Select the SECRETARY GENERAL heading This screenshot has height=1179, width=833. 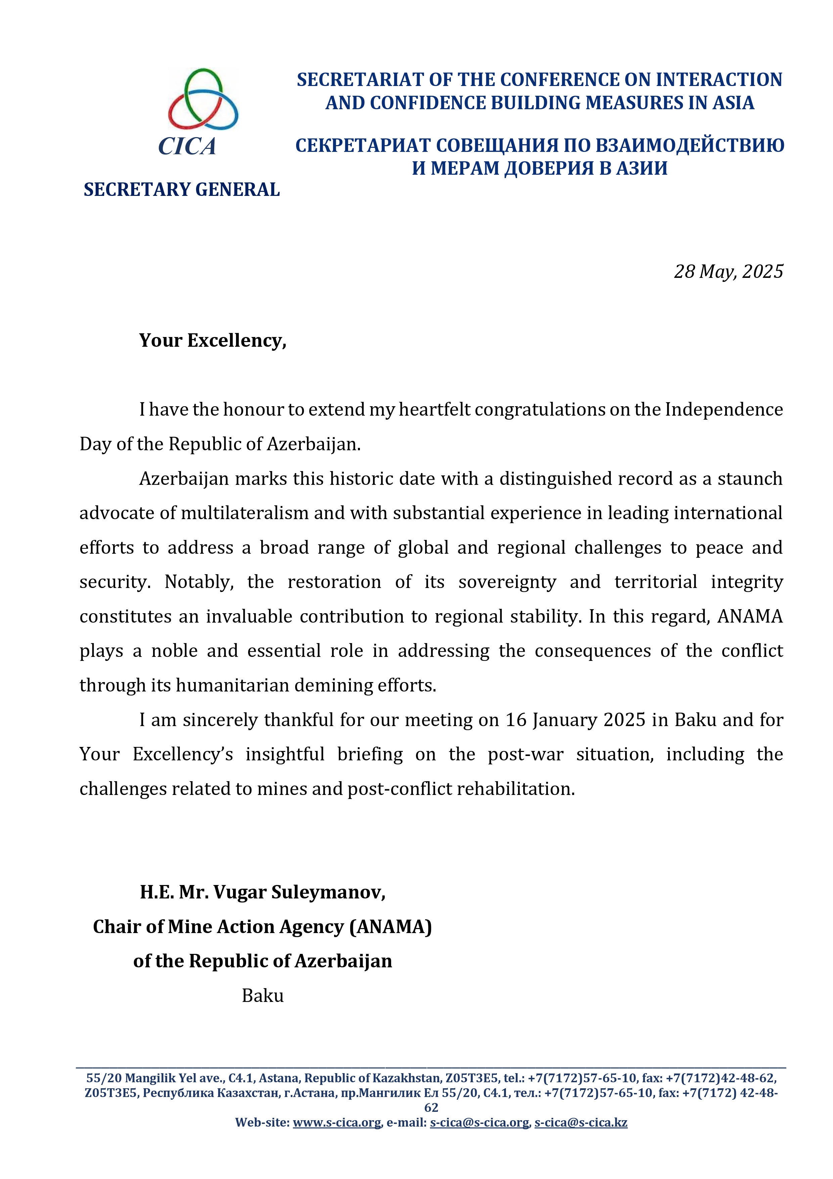(x=182, y=190)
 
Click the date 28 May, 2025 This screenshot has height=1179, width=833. (x=728, y=271)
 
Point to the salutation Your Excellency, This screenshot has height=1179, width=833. (x=213, y=340)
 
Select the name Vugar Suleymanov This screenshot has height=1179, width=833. (x=299, y=892)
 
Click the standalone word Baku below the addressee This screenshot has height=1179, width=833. (x=262, y=996)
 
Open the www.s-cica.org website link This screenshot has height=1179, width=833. (x=337, y=1123)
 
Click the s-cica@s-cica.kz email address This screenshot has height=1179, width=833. (x=581, y=1123)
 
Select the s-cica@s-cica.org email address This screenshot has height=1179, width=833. (x=479, y=1123)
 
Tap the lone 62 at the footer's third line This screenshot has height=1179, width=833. (x=431, y=1108)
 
